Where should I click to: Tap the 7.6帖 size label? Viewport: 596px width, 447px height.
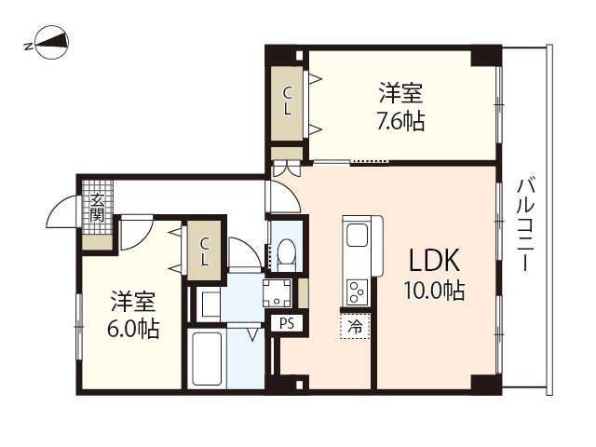[x=401, y=121]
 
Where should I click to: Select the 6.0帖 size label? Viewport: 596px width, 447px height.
[x=134, y=328]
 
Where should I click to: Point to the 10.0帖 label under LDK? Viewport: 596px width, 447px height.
[x=434, y=291]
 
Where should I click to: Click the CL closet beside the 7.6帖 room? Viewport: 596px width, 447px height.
[x=288, y=101]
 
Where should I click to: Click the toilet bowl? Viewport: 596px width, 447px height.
[x=287, y=252]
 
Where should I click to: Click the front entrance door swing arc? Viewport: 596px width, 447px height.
[x=61, y=212]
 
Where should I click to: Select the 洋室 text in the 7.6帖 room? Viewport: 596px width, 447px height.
[x=401, y=94]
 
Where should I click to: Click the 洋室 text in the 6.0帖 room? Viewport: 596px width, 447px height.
[x=134, y=302]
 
